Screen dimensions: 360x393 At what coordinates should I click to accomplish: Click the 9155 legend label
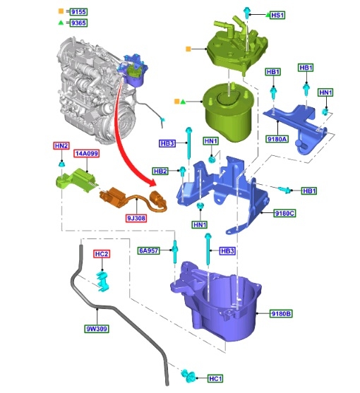[78, 12]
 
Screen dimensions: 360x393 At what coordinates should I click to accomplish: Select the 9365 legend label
[78, 23]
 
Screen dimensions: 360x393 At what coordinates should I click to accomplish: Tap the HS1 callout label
[277, 16]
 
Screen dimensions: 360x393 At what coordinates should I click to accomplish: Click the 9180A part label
[277, 139]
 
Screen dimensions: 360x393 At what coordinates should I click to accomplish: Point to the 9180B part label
[281, 313]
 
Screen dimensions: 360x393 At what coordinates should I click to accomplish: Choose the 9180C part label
[284, 213]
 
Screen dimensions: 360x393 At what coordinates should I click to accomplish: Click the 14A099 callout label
[87, 153]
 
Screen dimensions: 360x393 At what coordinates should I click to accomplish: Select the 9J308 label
[136, 218]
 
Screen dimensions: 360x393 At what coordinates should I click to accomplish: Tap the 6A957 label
[149, 250]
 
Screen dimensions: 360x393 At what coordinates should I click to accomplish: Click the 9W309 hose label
[97, 329]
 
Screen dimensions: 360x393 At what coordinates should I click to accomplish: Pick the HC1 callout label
[215, 378]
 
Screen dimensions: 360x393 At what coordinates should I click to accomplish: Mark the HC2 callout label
[102, 254]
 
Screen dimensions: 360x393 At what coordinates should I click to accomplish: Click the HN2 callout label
[61, 145]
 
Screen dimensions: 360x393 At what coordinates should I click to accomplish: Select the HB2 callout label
[160, 171]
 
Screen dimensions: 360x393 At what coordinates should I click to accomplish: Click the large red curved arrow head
[152, 183]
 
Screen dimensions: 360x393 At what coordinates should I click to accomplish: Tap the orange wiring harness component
[133, 200]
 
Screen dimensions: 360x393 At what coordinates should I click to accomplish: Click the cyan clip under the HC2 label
[102, 282]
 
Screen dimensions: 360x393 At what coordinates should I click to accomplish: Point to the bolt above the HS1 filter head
[246, 12]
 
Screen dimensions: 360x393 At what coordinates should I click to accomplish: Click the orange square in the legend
[61, 11]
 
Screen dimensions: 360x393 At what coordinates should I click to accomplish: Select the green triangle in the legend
[61, 23]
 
